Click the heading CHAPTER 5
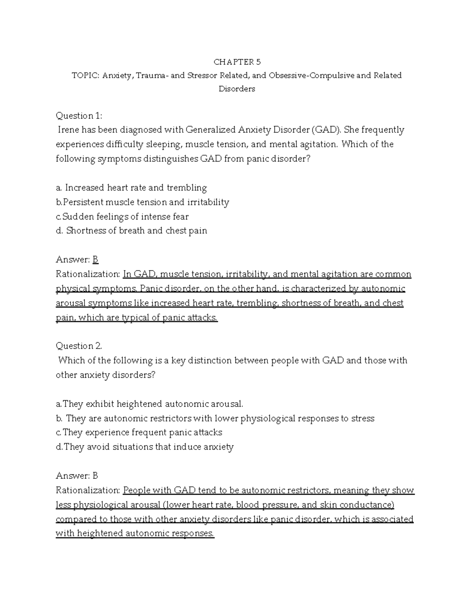click(237, 62)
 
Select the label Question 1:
click(79, 116)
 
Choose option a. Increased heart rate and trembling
click(132, 188)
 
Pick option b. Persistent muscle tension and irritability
click(143, 202)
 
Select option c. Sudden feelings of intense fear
click(122, 217)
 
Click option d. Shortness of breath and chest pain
click(132, 231)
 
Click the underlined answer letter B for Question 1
click(95, 260)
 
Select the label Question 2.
click(79, 346)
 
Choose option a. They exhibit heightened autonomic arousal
click(150, 404)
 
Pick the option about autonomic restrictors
click(215, 418)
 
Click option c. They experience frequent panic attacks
click(139, 433)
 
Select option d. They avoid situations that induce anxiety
click(145, 447)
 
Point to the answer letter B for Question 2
click(95, 476)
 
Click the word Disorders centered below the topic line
click(237, 89)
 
